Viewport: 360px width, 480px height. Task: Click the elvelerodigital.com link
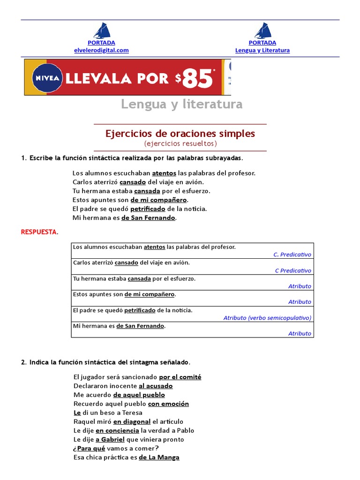coord(101,50)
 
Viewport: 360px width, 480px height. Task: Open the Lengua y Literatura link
coord(262,50)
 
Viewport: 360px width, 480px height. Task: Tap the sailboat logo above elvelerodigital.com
coord(101,31)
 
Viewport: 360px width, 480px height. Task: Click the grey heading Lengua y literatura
coord(182,104)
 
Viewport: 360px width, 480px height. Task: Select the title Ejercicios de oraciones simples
coord(180,134)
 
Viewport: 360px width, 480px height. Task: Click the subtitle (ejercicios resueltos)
coord(180,143)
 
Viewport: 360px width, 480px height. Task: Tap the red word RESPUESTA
coord(39,232)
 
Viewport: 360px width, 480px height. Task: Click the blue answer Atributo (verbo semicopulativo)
coord(267,318)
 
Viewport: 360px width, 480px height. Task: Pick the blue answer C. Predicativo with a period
coord(292,255)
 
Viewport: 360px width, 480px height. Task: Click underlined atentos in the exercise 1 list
coord(164,173)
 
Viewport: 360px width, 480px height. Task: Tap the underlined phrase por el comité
coord(180,377)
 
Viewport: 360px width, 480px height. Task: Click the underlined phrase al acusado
coord(156,386)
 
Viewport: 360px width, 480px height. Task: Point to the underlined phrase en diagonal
coord(132,421)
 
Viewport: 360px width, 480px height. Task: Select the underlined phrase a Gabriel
coord(110,439)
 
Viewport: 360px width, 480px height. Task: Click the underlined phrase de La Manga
coord(159,457)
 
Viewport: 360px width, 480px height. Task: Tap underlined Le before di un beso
coord(77,412)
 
